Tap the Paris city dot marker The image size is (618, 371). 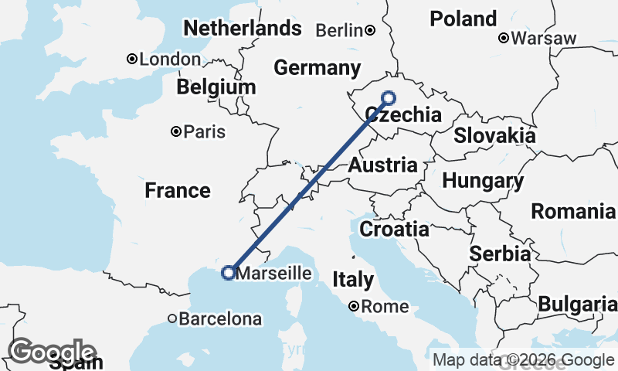pos(177,132)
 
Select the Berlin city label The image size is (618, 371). pos(340,31)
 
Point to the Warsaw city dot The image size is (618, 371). pos(503,38)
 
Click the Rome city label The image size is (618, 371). pos(385,307)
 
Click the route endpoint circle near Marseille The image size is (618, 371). pos(228,272)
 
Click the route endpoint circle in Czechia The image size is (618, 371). pos(389,98)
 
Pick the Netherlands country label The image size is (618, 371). pos(242,29)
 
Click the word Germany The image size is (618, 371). pos(317,68)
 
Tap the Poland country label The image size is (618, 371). pos(463,19)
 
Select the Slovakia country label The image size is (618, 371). pos(494,136)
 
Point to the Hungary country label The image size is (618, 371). pos(483,182)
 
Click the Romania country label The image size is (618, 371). pos(573,211)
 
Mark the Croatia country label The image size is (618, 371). pos(395,229)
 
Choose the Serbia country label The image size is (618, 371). pos(500,254)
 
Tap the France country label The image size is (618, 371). pos(178,190)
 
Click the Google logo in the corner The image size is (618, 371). pos(52,351)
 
